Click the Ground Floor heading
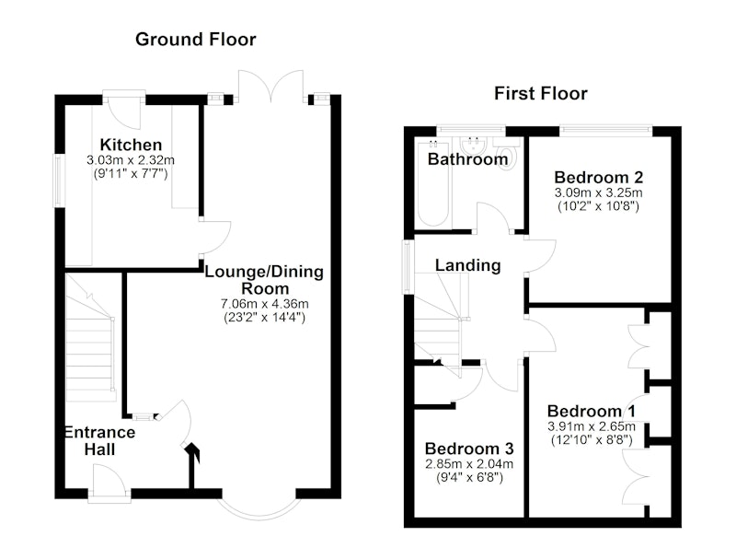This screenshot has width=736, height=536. pos(196,40)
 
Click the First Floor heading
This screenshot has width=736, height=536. pos(541,94)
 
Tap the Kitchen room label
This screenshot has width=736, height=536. pos(131,145)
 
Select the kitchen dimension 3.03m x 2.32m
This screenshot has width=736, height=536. pos(131,160)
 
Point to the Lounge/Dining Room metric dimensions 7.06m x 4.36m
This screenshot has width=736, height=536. pos(265,304)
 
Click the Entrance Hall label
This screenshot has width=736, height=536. pos(99,440)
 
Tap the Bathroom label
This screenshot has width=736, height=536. pos(467,159)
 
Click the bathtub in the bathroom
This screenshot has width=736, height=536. pos(433,183)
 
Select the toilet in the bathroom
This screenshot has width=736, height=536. pos(507,153)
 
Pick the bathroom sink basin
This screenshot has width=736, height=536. pos(473,144)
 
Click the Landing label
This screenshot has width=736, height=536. pos(468,265)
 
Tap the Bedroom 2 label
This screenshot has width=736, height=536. pos(599,178)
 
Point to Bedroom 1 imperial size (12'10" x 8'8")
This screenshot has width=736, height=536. pos(592,440)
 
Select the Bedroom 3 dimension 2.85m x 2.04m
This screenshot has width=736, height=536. pos(469,464)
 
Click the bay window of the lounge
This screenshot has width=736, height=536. pos(259,507)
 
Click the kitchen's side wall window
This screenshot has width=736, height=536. pos(58,181)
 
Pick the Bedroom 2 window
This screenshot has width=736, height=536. pos(605,129)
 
